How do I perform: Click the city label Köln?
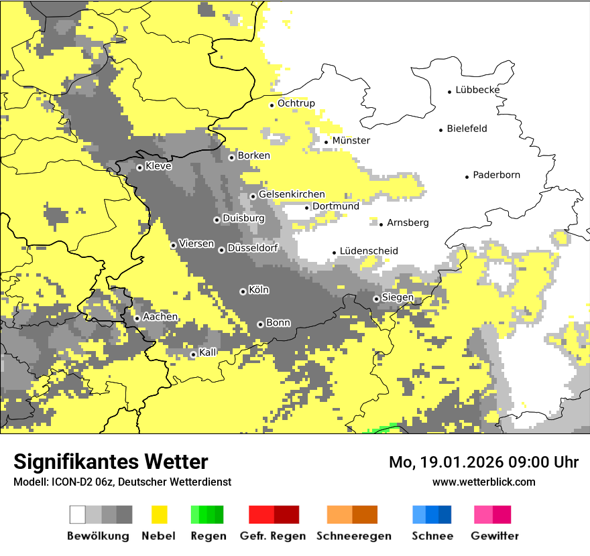click(x=259, y=290)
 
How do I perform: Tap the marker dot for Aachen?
click(x=137, y=318)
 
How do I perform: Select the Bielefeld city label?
click(x=467, y=129)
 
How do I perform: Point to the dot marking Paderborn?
click(x=467, y=177)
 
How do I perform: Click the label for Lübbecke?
click(x=477, y=90)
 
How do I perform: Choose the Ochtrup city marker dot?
click(x=272, y=105)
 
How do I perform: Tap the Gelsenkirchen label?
click(x=292, y=194)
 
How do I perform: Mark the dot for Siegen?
click(x=376, y=299)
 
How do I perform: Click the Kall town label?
click(x=208, y=352)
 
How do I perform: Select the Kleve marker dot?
click(x=139, y=167)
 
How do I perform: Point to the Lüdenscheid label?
click(x=369, y=251)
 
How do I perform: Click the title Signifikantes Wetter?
click(x=111, y=462)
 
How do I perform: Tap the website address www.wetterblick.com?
click(x=483, y=482)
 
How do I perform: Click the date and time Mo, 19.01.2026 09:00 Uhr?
click(x=483, y=462)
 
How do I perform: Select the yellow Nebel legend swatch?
click(x=160, y=514)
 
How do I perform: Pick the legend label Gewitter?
click(x=494, y=536)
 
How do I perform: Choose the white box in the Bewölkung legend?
click(x=78, y=514)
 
